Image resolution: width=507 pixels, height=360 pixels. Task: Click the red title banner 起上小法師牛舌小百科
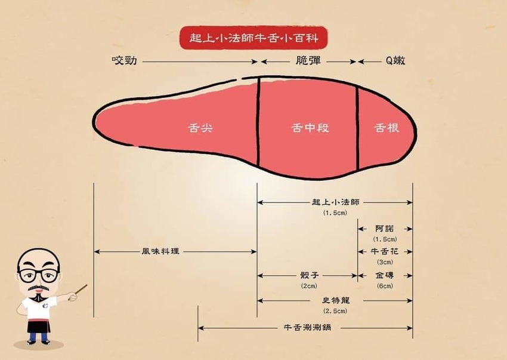point(253,38)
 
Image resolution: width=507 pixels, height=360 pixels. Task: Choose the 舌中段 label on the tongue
point(310,128)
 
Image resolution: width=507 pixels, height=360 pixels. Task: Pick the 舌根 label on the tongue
point(387,128)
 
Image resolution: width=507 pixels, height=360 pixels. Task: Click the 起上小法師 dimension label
point(335,202)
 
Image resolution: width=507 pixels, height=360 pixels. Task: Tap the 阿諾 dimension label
point(385,229)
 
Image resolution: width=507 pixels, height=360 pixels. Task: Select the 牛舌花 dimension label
point(385,252)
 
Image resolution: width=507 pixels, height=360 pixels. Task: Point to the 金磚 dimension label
point(385,276)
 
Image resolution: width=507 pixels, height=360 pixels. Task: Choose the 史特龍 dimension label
point(335,300)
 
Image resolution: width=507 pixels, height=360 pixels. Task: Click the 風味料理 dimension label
point(160,252)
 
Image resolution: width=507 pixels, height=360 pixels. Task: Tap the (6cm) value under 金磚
point(385,286)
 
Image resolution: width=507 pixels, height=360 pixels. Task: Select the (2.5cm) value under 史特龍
point(335,311)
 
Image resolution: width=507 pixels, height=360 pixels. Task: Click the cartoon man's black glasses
point(39,275)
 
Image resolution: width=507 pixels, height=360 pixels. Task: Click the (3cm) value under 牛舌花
point(385,262)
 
